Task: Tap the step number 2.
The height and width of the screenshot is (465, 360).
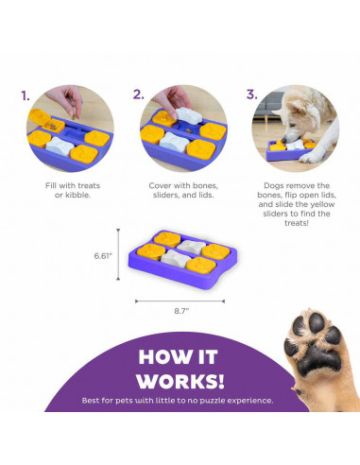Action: click(138, 95)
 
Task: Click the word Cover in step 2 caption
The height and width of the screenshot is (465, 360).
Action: click(161, 185)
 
